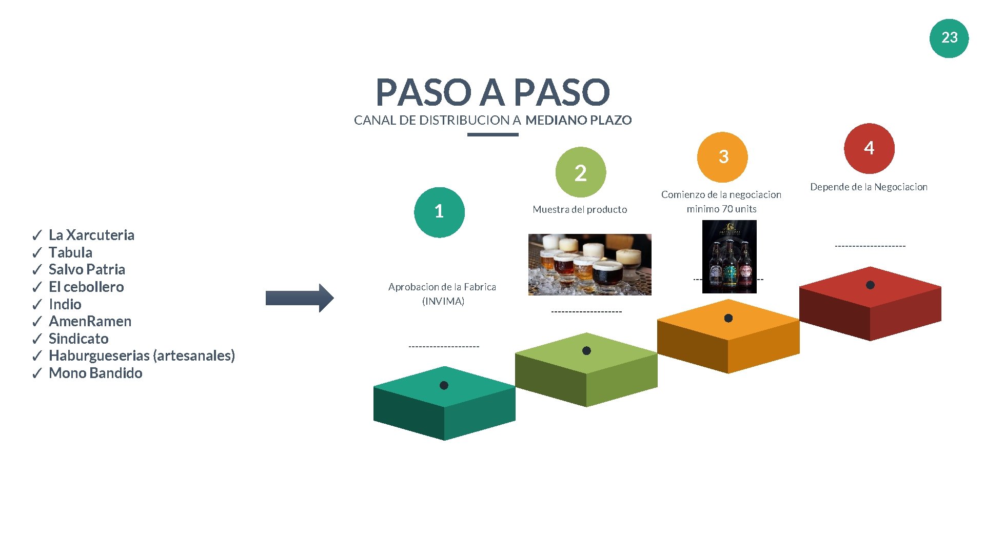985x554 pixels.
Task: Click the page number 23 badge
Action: [x=949, y=38]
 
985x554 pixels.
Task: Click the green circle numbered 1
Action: [x=439, y=212]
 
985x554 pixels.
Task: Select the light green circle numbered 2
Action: [x=580, y=172]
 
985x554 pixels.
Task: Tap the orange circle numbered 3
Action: [x=722, y=157]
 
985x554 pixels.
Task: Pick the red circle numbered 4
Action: [x=869, y=148]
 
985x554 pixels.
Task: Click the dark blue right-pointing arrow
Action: [x=300, y=298]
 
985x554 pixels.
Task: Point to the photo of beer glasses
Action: [x=589, y=264]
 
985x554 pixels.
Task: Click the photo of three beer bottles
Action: [x=729, y=256]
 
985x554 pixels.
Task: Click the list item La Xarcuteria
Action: [x=91, y=235]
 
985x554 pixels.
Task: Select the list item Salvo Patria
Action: [x=87, y=269]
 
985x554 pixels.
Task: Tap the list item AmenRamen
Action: [x=90, y=321]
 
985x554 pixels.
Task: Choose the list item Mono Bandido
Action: [x=95, y=373]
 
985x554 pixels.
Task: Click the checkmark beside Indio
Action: [x=37, y=305]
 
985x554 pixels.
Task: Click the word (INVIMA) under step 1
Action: [x=443, y=301]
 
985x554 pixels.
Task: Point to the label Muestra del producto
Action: [x=580, y=209]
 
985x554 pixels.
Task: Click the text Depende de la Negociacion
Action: [x=869, y=187]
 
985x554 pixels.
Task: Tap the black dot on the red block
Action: [x=870, y=285]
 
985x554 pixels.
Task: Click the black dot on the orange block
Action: [x=728, y=318]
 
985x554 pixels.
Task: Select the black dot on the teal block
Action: [x=444, y=385]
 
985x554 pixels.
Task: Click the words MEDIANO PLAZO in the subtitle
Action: [x=578, y=120]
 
